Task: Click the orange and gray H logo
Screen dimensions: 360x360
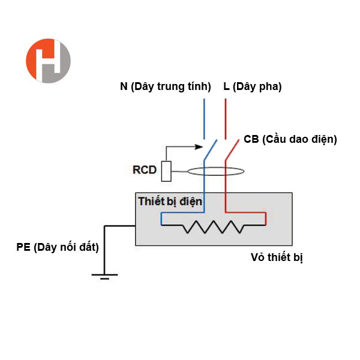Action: coord(48,61)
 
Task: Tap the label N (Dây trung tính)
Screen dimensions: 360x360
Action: coord(166,86)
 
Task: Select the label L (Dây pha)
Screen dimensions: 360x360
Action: coord(252,86)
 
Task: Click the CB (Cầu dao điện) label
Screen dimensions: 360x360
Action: coord(290,139)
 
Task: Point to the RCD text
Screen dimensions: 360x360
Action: coord(145,170)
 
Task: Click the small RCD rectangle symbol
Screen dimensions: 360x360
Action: coord(167,171)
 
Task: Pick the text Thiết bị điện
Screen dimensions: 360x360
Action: coord(170,200)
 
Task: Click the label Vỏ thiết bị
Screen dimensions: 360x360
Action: coord(277,258)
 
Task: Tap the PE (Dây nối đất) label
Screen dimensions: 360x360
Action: coord(58,247)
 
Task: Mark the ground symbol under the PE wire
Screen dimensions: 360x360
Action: coord(104,275)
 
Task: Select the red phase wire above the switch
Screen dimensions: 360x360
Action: coord(225,117)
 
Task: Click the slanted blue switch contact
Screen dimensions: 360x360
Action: coord(209,151)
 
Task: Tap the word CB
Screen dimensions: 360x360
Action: coord(251,139)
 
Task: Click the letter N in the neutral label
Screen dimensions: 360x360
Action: coord(124,86)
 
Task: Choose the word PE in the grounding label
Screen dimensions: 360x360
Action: coord(23,247)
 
